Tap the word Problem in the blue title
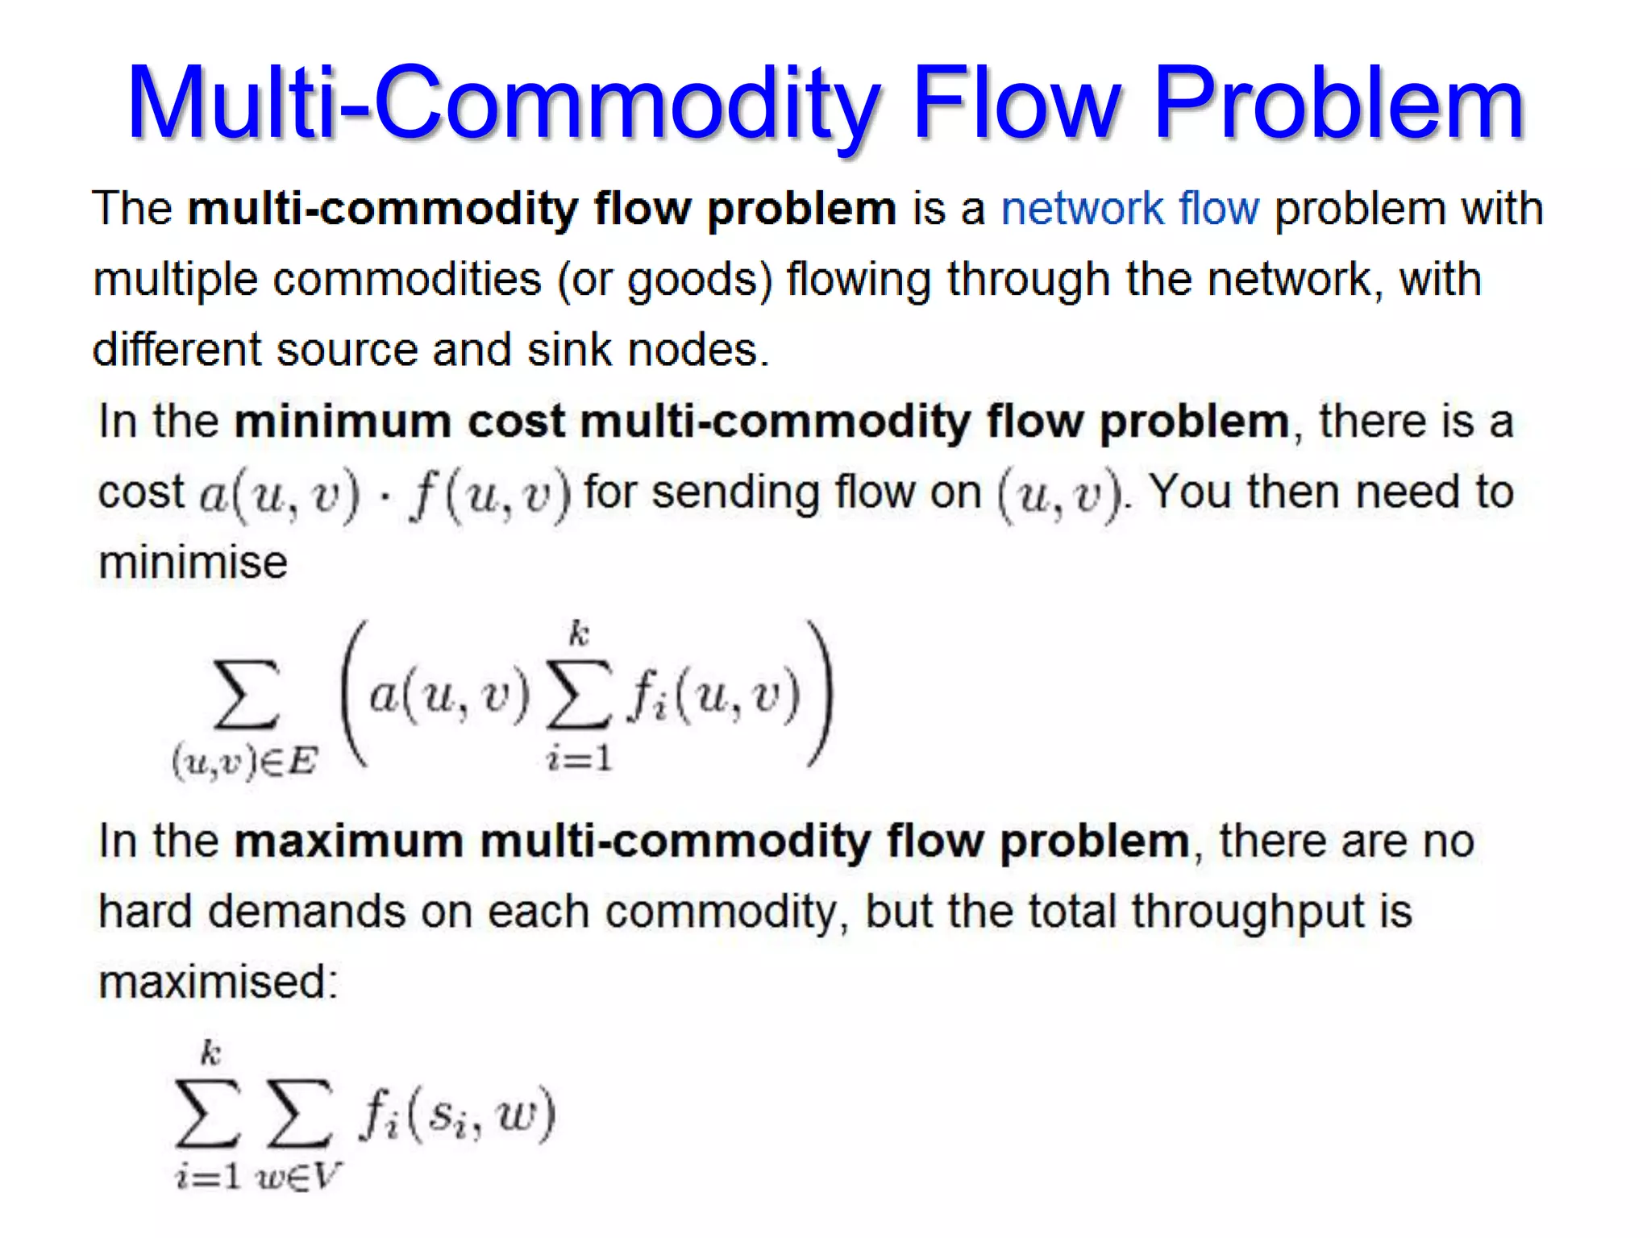point(1338,105)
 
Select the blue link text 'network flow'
point(1129,209)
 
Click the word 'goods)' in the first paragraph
point(700,280)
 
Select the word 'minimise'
point(193,562)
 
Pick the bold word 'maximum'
point(348,841)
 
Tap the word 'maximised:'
point(218,983)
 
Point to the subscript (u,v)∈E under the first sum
point(245,762)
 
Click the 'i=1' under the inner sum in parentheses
point(580,758)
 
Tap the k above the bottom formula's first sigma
point(210,1053)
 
